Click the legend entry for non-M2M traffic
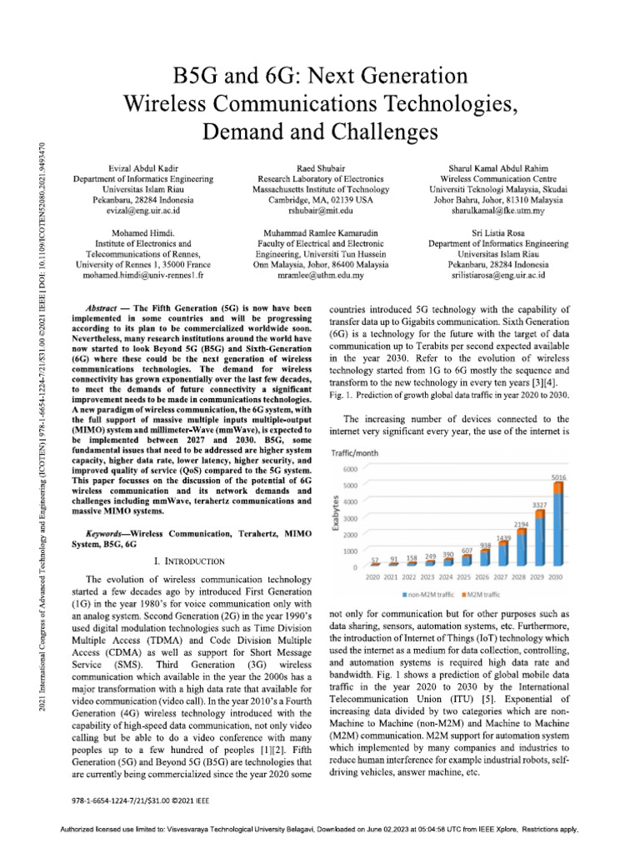tap(431, 595)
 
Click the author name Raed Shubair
tap(319, 167)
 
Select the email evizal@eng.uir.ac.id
tap(142, 211)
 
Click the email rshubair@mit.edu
tap(319, 211)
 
